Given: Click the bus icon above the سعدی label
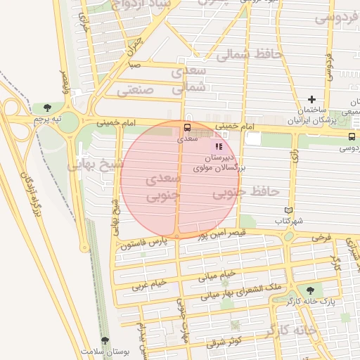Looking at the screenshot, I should (x=187, y=128).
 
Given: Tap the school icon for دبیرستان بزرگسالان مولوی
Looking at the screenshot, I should (x=219, y=146).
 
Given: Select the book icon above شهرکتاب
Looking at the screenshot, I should (x=288, y=210).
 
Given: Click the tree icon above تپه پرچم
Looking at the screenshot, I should (x=47, y=108).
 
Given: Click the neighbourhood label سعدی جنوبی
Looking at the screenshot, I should (x=163, y=188).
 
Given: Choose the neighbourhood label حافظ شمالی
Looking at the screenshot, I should (x=249, y=53).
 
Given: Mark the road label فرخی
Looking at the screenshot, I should (x=321, y=238).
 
